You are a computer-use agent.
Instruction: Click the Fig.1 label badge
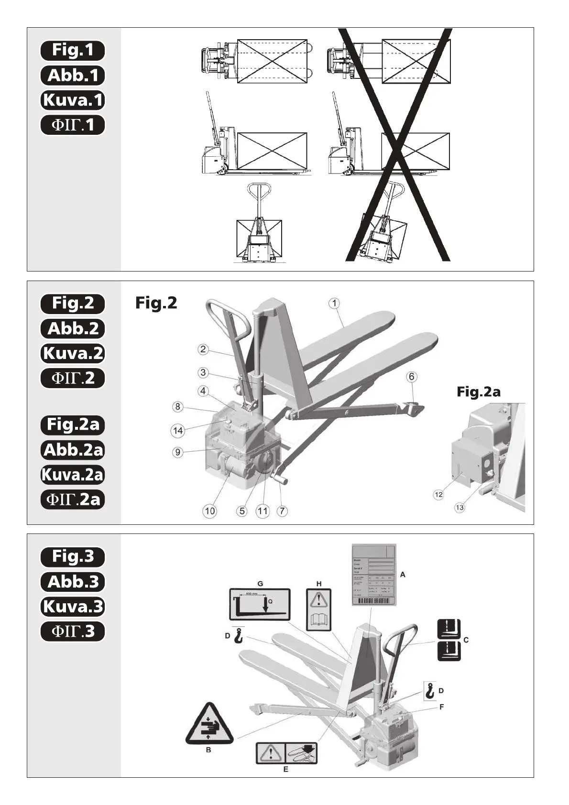coord(72,50)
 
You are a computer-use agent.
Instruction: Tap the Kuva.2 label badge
coord(72,353)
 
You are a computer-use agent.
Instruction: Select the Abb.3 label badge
coord(72,582)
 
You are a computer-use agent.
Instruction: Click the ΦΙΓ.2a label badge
coord(72,500)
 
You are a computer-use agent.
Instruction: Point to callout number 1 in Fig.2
coord(335,303)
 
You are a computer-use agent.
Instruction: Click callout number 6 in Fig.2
coord(411,377)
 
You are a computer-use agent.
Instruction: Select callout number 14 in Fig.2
coord(178,431)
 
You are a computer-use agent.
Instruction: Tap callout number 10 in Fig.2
coord(210,511)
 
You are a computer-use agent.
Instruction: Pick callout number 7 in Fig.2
coord(282,511)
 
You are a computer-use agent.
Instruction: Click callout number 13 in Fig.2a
coord(460,507)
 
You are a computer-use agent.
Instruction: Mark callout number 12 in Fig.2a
coord(438,495)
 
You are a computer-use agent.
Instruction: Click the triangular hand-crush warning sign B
coord(209,724)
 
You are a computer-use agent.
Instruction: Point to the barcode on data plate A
coord(374,600)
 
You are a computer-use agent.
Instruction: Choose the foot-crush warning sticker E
coord(286,753)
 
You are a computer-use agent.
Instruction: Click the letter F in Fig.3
coord(441,707)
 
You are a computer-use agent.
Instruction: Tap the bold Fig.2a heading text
coord(478,392)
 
